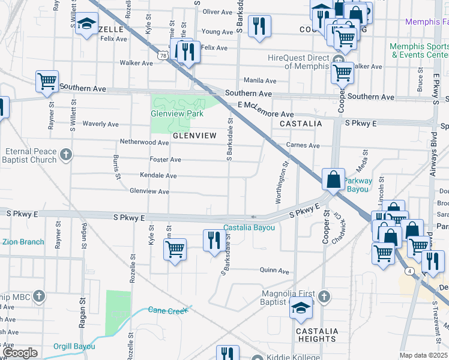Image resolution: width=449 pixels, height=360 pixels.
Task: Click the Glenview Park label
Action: coord(177,113)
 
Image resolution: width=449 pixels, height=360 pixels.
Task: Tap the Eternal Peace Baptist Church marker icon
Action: coord(66,155)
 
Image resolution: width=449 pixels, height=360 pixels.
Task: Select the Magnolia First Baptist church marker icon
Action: coord(323,296)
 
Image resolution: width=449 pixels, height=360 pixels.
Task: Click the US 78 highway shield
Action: coord(164,55)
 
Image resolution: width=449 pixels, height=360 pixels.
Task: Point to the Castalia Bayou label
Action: coord(249,228)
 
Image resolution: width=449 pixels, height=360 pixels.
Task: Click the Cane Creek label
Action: coord(169,310)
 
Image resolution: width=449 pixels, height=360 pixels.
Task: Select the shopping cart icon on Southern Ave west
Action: coord(47,80)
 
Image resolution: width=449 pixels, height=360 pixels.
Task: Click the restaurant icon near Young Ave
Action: coord(259,25)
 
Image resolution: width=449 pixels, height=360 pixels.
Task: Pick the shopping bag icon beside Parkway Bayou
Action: coord(333,178)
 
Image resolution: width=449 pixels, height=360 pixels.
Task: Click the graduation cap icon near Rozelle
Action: coord(87,24)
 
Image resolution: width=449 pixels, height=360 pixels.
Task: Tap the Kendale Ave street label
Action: coord(158,176)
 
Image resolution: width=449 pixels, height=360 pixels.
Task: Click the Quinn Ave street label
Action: coord(274,270)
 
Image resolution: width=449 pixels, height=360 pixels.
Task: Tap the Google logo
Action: coord(20,353)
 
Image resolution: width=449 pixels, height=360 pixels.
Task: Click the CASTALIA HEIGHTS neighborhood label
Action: coord(316,335)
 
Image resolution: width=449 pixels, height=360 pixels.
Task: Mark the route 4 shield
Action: coord(409,271)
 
